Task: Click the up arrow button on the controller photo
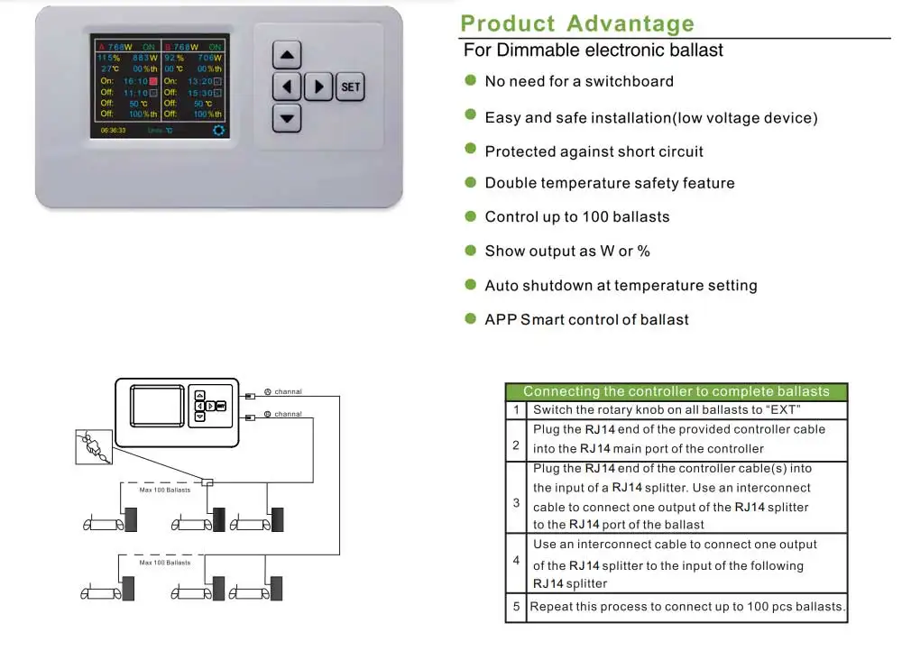287,57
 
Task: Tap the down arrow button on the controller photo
287,118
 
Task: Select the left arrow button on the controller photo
287,87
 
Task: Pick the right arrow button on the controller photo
318,87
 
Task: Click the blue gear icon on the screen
218,130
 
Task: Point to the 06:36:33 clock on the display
113,131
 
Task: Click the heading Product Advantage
577,23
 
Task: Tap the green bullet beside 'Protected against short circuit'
470,150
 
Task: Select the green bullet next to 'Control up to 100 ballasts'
470,215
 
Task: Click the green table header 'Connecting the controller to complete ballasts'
676,391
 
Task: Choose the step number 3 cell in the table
516,502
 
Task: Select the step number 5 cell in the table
516,607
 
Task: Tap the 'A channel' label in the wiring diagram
284,392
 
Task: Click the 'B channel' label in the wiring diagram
284,415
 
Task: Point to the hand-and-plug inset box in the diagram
94,447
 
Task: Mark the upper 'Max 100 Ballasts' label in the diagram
164,490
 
